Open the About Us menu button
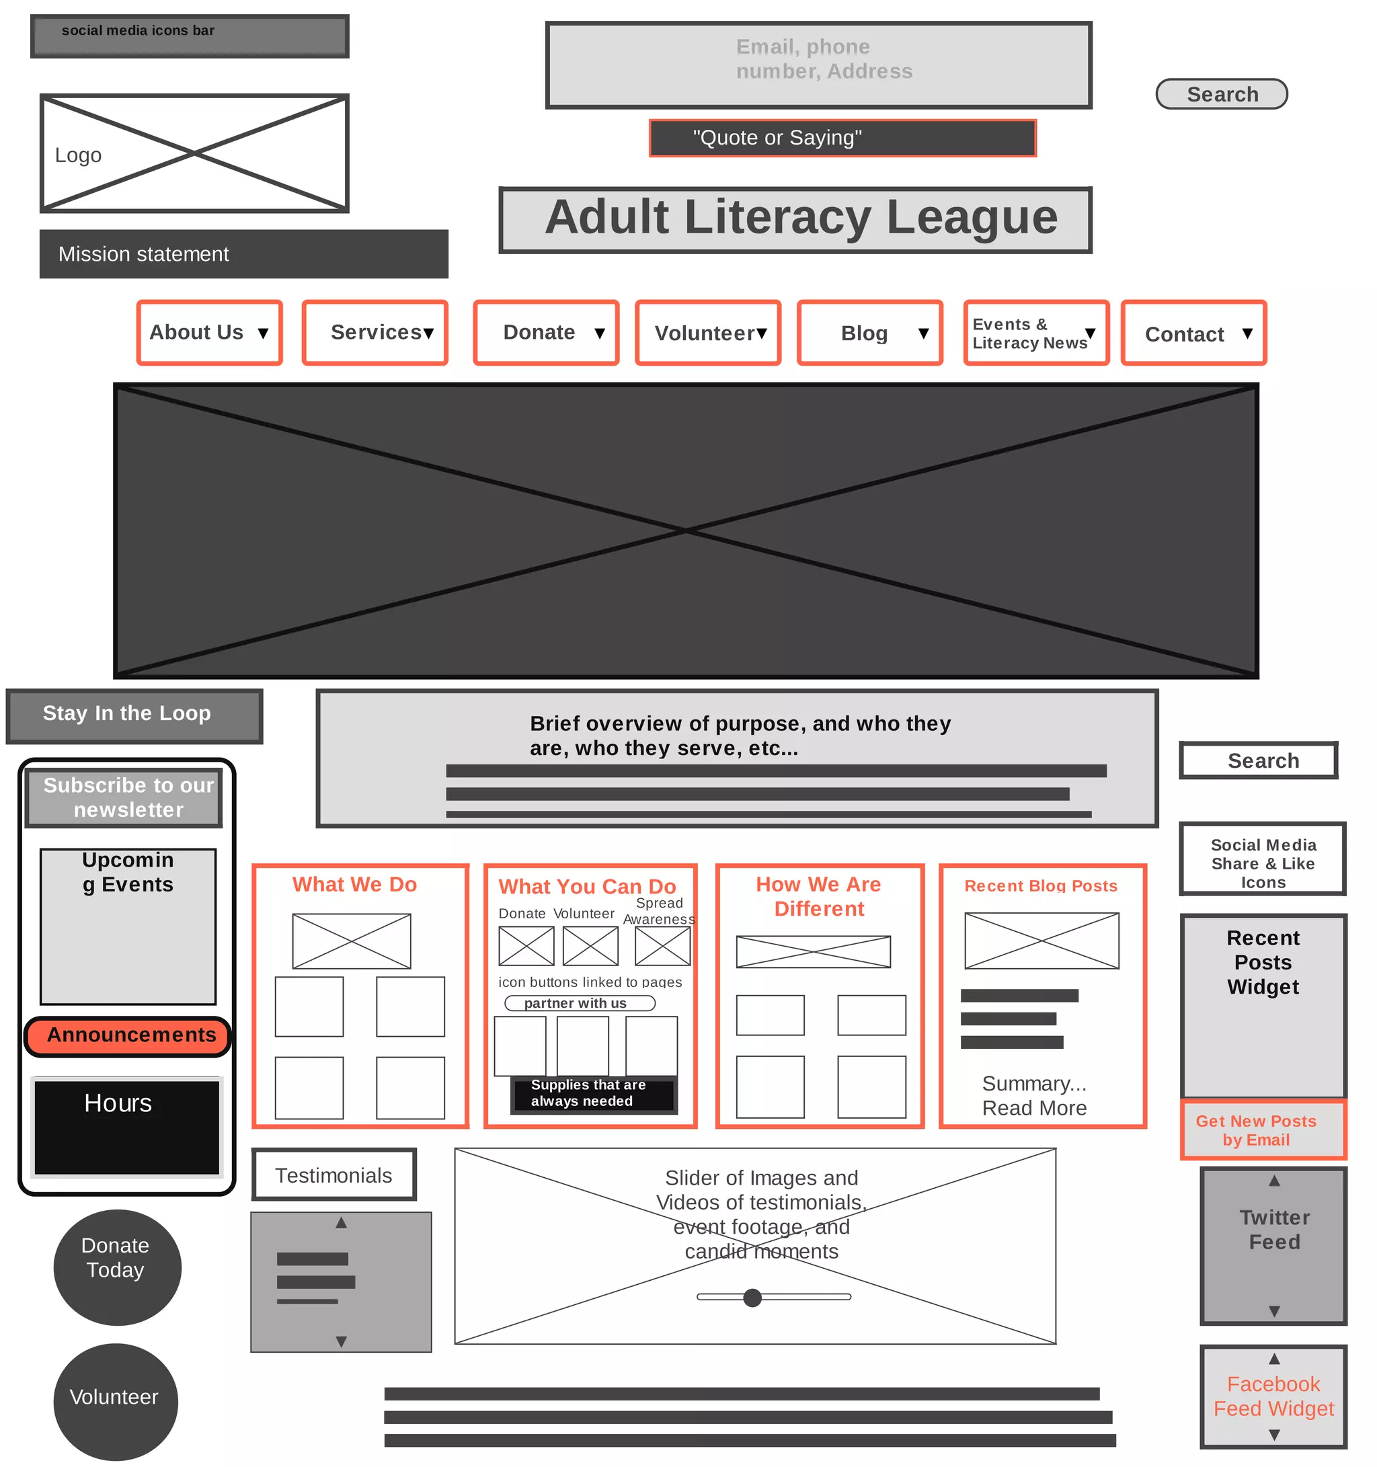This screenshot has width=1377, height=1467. (210, 333)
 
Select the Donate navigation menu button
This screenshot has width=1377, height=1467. (545, 333)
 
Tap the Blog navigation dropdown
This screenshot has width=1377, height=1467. (869, 333)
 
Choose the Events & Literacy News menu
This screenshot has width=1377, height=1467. (1035, 333)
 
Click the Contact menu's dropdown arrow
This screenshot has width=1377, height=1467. (1247, 333)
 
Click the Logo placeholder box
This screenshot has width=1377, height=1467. (194, 153)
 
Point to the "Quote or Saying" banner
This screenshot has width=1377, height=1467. (842, 138)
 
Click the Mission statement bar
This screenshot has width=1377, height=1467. (243, 254)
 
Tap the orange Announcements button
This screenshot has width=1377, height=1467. (128, 1036)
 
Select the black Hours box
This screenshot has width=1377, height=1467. (127, 1126)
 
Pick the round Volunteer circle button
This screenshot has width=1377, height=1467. (116, 1400)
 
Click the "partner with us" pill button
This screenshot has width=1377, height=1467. (580, 1003)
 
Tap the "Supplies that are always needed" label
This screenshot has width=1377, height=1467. (592, 1093)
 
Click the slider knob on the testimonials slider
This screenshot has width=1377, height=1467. (752, 1298)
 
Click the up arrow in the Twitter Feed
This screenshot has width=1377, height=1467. (1273, 1181)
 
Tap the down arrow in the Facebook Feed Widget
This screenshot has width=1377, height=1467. (1273, 1435)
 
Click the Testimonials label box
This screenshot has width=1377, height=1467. (333, 1175)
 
